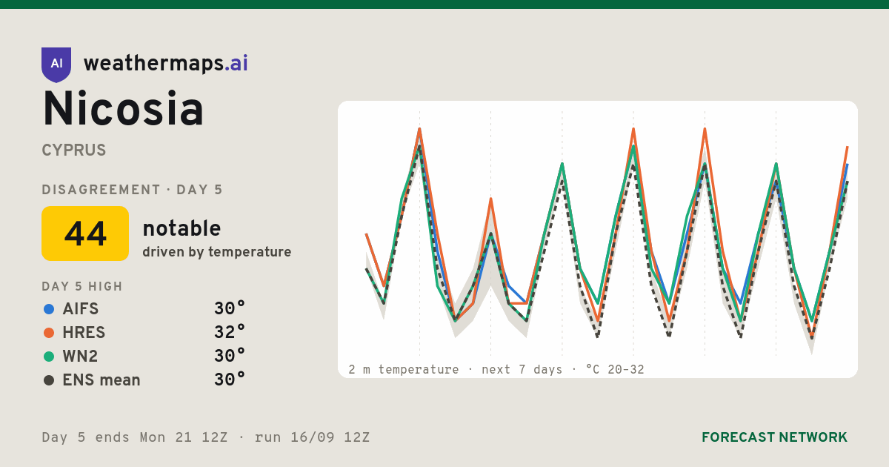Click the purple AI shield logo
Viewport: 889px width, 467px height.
(56, 64)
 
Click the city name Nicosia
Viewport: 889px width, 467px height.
(123, 108)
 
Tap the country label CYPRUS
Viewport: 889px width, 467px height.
(74, 150)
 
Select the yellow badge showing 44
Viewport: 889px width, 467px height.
(85, 233)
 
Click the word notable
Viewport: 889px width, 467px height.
(182, 228)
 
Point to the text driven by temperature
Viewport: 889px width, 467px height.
(216, 252)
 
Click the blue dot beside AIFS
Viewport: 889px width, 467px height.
(49, 309)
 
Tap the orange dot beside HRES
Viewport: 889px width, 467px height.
(49, 333)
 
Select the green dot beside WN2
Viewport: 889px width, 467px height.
(49, 357)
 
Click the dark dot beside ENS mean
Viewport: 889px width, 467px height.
(49, 380)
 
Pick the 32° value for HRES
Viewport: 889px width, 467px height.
(230, 332)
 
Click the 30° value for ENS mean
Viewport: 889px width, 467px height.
(230, 380)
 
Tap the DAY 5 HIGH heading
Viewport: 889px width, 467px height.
(82, 286)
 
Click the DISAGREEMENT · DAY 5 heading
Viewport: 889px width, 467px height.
(132, 190)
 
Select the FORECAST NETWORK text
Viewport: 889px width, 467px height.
(774, 437)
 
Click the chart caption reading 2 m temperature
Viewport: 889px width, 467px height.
(403, 370)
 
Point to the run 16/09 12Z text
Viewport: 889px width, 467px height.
(312, 437)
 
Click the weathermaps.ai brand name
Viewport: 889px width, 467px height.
(166, 64)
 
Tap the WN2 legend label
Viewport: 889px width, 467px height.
(80, 357)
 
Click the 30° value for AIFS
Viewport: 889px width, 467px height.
(230, 308)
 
